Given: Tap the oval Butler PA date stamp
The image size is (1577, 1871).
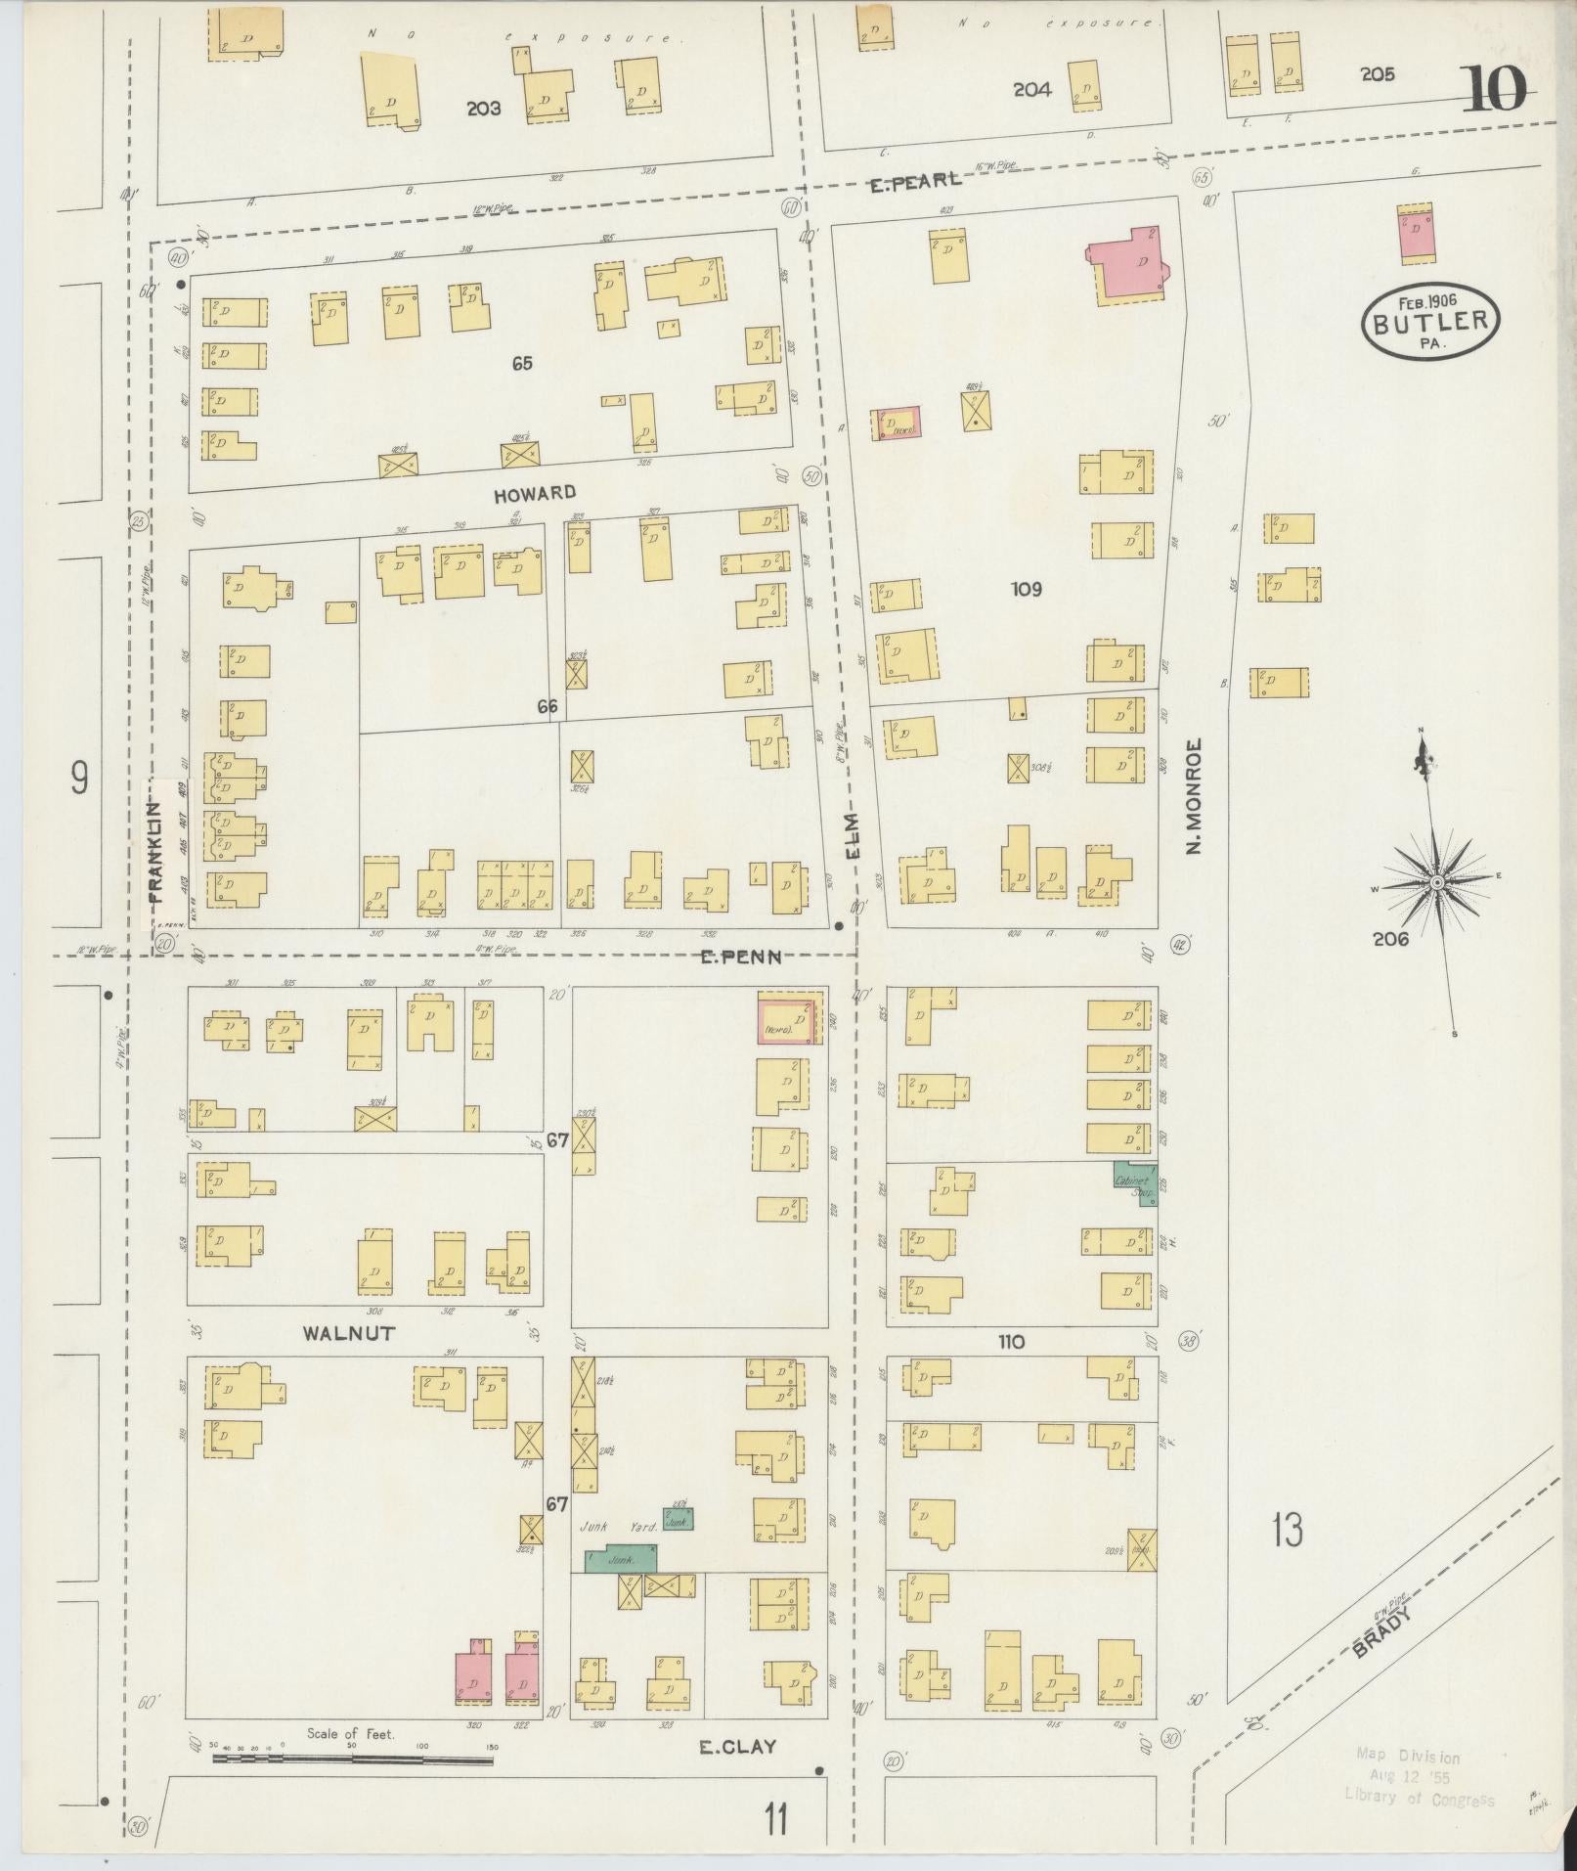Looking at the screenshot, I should click(1430, 322).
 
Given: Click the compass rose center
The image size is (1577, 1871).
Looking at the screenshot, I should click(1436, 883).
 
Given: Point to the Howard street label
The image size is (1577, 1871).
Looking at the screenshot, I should click(534, 494).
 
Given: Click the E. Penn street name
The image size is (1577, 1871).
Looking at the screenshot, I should click(741, 957).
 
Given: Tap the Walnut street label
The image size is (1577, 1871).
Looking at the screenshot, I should click(349, 1333).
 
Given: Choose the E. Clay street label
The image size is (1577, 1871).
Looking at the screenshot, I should click(737, 1747).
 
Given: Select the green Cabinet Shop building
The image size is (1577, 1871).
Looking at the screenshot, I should click(1135, 1184).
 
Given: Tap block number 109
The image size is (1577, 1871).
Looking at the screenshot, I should click(1027, 589).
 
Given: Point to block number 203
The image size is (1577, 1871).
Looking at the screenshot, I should click(483, 109).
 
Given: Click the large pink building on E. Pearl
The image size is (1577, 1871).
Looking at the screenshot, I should click(1130, 264).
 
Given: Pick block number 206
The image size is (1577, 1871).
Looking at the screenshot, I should click(1389, 939).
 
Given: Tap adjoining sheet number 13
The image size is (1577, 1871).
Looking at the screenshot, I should click(1288, 1530).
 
